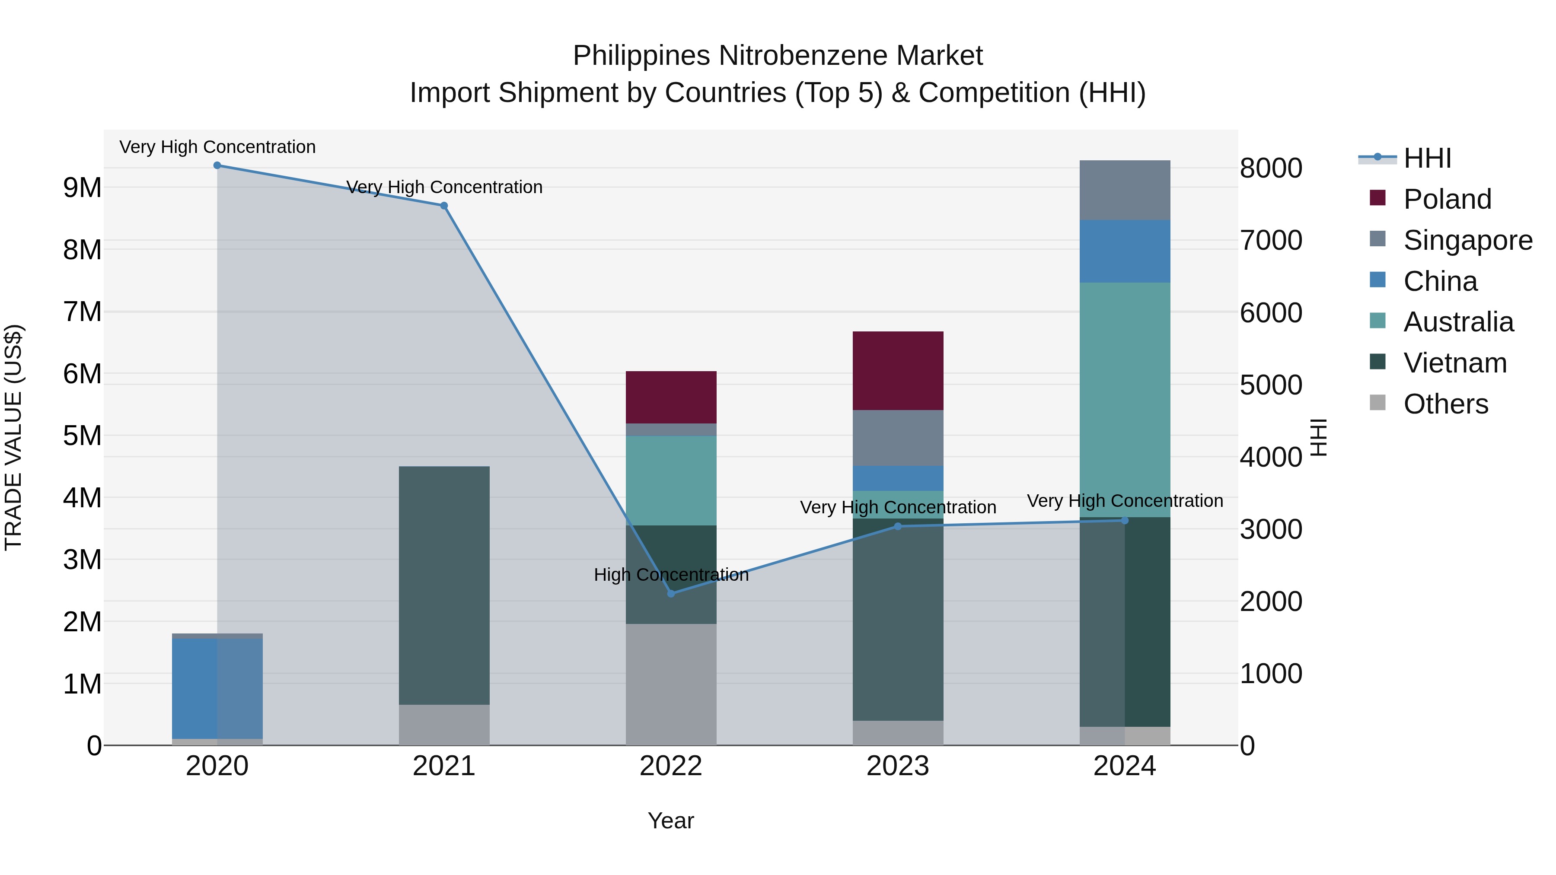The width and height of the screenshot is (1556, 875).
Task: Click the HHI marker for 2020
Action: (217, 165)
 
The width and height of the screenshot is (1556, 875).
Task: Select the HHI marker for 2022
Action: (671, 594)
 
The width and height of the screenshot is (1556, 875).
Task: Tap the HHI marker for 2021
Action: (444, 206)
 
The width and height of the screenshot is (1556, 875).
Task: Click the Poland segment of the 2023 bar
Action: (898, 371)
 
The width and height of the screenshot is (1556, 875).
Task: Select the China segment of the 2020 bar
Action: (217, 688)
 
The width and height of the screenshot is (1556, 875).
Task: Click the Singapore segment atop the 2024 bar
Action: (1125, 190)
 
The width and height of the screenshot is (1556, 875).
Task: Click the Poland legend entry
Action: (1447, 199)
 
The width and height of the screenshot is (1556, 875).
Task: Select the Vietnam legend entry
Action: (1454, 363)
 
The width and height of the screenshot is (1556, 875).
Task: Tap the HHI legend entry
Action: (1427, 158)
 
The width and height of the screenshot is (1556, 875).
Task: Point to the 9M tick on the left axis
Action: (82, 188)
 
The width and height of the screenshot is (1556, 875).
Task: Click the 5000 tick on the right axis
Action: (1271, 385)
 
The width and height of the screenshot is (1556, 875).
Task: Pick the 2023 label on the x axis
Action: (898, 766)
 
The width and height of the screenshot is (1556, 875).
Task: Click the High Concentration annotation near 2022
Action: (671, 575)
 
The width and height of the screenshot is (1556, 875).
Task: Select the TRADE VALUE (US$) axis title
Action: (14, 437)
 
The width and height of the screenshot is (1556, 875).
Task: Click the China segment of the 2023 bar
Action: (898, 478)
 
